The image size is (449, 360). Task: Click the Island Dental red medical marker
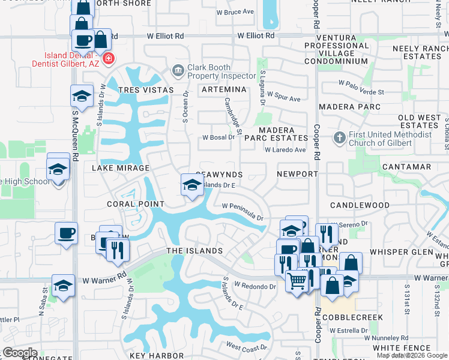pos(109,58)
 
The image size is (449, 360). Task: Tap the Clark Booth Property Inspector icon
pos(178,71)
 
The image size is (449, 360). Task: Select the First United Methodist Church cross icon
pos(340,139)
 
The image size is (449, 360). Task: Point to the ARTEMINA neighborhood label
pos(224,89)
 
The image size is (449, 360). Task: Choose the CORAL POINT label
pos(136,204)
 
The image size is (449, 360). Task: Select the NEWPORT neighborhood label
pos(297,174)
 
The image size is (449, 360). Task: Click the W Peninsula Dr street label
pos(243,212)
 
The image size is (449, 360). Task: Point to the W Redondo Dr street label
pos(255,287)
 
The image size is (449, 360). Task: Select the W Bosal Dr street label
pos(218,137)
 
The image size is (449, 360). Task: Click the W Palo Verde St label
pos(361,88)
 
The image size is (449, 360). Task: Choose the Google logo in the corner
pos(20,353)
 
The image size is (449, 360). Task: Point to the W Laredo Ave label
pos(285,150)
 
